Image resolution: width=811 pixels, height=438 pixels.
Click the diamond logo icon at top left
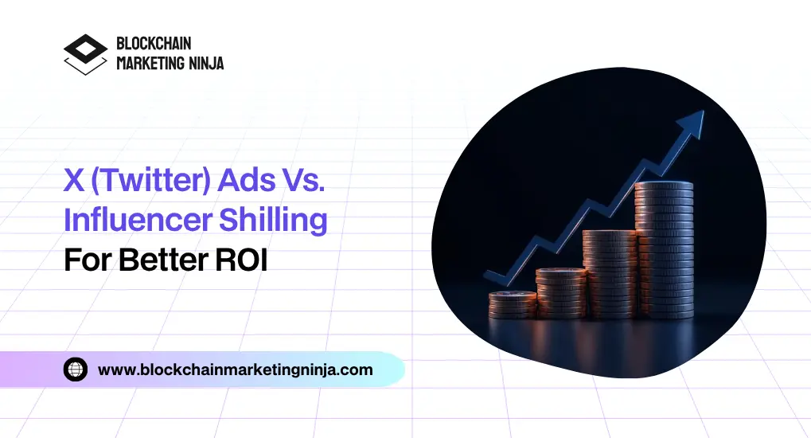tap(85, 53)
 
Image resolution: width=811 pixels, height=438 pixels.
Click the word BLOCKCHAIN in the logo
tap(154, 44)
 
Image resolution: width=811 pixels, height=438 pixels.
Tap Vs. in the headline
tap(305, 182)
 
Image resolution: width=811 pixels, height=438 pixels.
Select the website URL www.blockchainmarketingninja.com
tap(235, 370)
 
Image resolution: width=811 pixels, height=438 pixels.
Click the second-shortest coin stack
tap(560, 293)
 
